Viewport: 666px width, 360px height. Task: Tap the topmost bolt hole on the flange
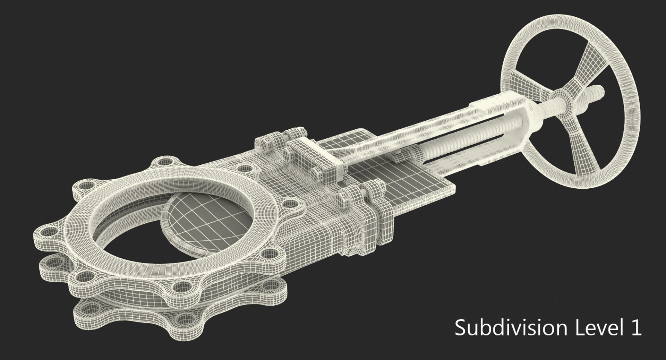click(163, 162)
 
